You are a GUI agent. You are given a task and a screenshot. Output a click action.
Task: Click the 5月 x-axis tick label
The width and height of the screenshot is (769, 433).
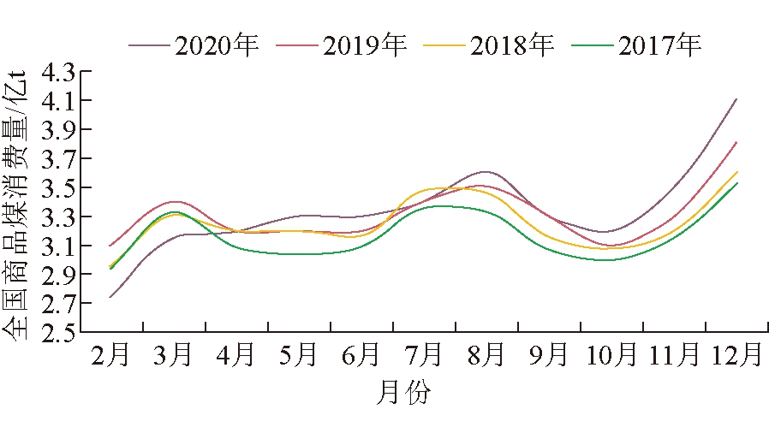299,353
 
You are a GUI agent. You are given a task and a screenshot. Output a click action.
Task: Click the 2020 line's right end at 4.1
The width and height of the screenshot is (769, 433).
736,99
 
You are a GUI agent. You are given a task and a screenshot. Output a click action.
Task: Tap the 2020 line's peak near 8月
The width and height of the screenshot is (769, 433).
485,172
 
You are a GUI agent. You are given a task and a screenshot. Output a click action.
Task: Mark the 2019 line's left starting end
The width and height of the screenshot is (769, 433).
110,246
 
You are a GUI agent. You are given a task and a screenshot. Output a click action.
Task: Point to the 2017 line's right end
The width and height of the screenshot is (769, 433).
736,182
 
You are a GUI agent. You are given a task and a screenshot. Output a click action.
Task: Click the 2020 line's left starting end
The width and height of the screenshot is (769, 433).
110,298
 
